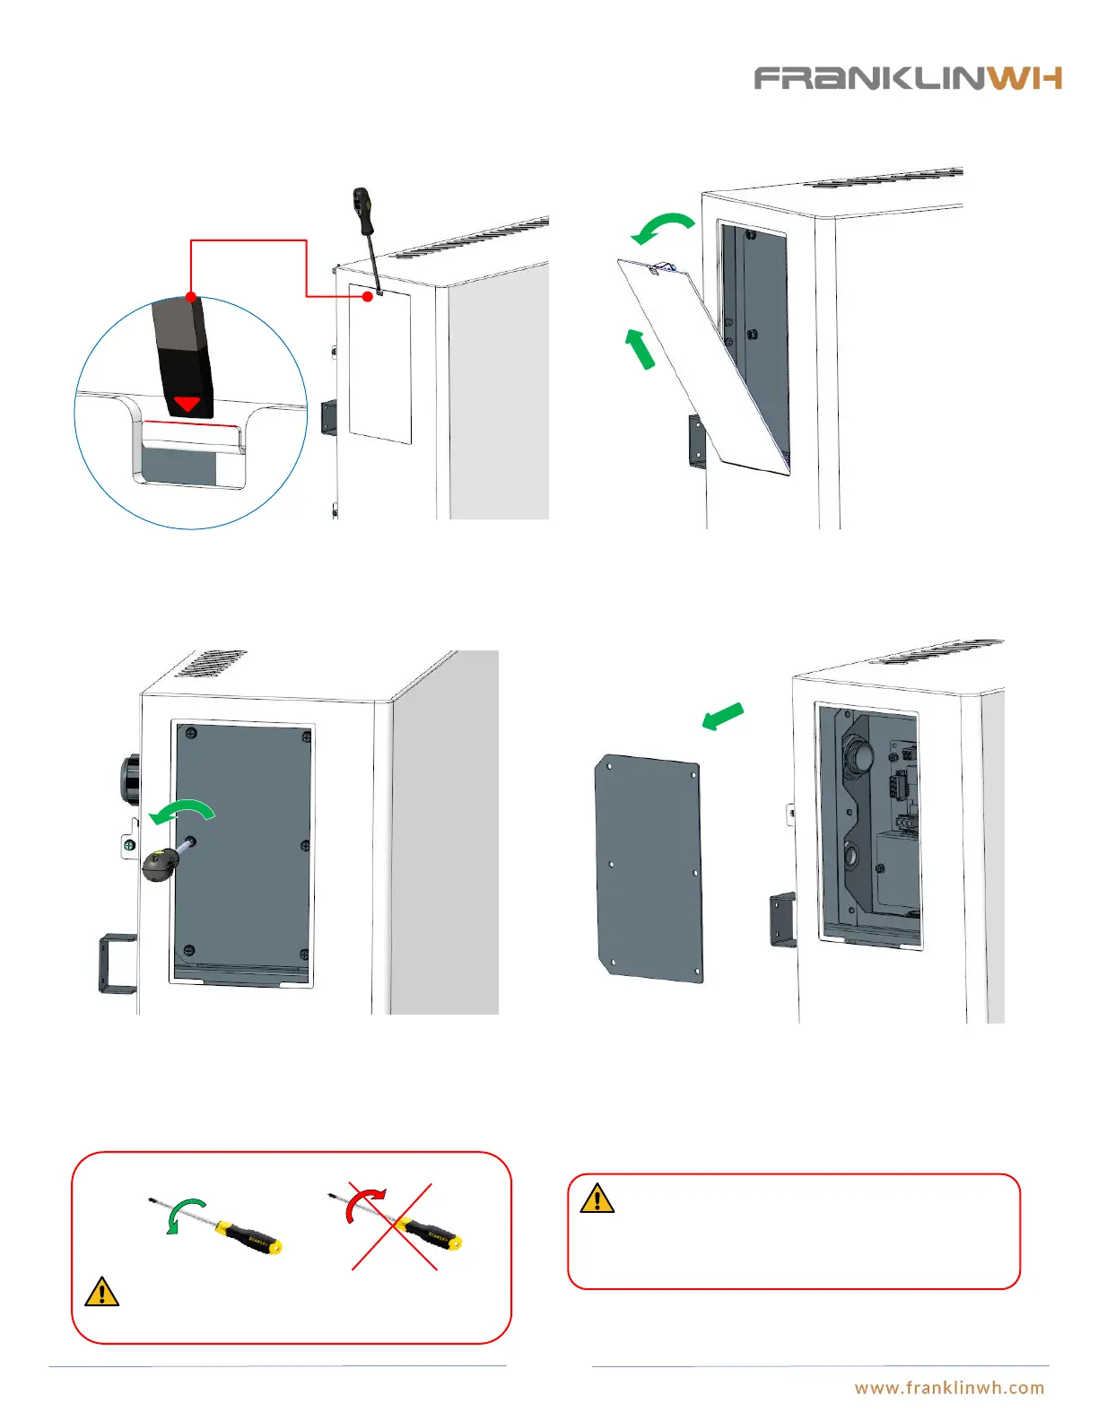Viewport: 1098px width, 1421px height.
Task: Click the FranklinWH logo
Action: point(908,78)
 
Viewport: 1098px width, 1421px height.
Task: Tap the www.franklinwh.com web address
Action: point(949,1388)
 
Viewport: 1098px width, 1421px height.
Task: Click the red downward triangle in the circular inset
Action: point(187,404)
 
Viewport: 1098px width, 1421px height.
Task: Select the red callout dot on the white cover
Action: point(368,296)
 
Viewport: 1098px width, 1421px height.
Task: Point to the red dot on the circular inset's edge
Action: point(191,296)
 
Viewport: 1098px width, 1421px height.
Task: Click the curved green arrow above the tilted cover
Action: point(663,227)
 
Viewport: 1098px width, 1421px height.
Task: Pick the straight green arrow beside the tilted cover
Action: point(640,348)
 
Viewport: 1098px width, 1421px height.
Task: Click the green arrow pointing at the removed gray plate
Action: point(723,716)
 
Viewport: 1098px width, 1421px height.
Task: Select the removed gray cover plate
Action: point(649,867)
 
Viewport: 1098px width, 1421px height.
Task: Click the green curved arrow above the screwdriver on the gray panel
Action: point(183,812)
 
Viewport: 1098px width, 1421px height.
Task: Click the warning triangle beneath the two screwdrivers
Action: point(102,1291)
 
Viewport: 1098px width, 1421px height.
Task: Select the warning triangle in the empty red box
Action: point(597,1199)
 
